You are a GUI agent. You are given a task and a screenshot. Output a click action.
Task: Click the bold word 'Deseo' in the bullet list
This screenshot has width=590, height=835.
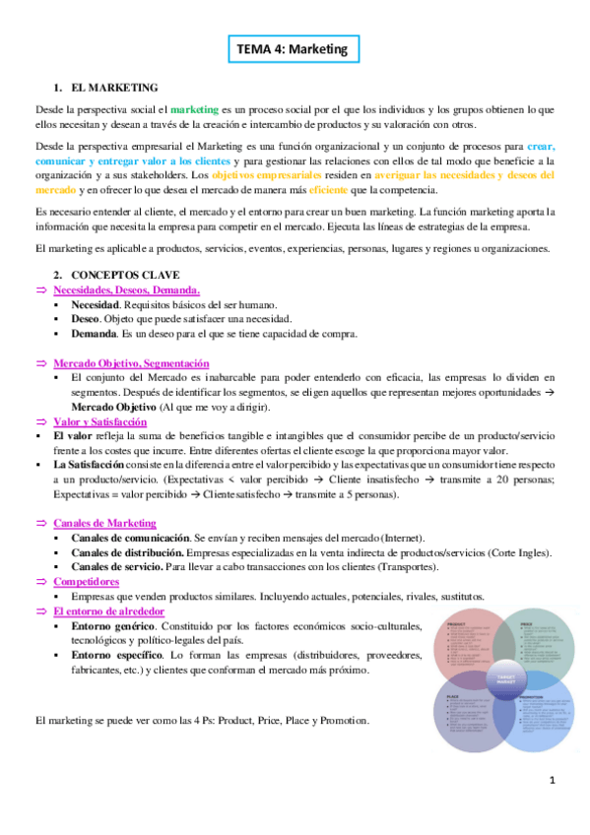pos(85,319)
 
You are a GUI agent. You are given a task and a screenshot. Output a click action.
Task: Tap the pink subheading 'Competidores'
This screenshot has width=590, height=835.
pos(89,582)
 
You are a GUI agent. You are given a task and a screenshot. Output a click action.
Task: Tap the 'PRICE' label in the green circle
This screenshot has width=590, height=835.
pos(525,623)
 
